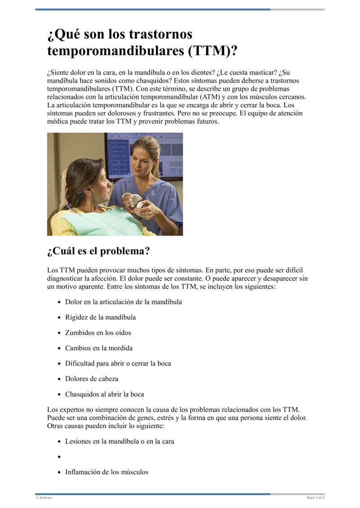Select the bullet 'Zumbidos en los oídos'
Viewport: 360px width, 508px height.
[x=98, y=333]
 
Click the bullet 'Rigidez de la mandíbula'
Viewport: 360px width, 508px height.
[x=100, y=317]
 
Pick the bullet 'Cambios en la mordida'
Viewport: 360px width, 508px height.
[x=99, y=348]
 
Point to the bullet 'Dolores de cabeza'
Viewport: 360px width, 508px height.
[x=91, y=379]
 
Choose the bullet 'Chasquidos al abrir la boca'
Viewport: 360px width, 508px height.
[x=104, y=394]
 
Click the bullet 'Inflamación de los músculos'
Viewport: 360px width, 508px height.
[x=107, y=472]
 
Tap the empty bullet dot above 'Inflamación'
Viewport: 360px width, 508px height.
[x=59, y=457]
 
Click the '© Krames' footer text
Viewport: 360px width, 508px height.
[x=44, y=498]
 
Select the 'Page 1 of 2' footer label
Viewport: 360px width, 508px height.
[x=315, y=498]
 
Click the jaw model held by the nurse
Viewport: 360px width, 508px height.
[x=135, y=200]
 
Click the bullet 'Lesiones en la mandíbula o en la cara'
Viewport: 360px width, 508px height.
[x=119, y=441]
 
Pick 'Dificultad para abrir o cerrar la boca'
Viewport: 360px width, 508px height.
[x=118, y=363]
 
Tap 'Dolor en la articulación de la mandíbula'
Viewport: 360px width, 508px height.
[x=123, y=302]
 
